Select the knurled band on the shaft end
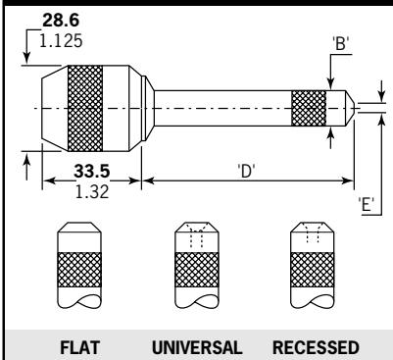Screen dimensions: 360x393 [310, 107]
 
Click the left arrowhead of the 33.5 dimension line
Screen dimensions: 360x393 [45, 180]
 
